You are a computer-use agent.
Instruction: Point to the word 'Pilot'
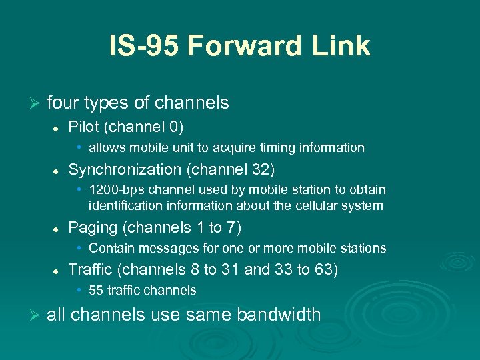click(x=82, y=127)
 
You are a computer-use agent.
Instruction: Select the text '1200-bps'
click(x=112, y=191)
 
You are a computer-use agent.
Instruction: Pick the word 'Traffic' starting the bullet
click(x=90, y=269)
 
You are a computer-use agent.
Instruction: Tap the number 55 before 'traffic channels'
click(x=96, y=290)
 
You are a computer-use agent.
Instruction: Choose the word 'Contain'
click(x=110, y=248)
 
